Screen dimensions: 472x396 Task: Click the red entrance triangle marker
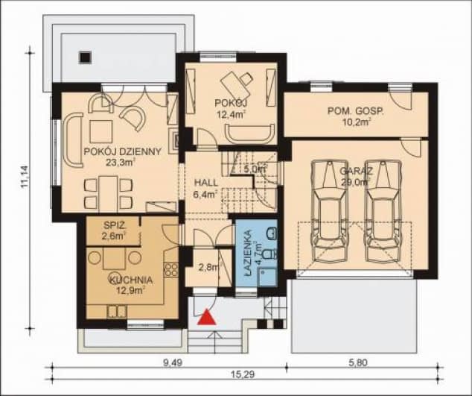[207, 317]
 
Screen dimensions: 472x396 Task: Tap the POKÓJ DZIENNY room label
[123, 151]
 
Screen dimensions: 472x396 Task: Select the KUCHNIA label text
[131, 280]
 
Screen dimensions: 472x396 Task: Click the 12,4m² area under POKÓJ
[230, 114]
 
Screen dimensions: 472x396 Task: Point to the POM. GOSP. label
[356, 112]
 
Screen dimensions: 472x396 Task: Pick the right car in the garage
[383, 211]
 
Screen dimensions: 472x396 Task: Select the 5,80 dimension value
[358, 362]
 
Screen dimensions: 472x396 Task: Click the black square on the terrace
[85, 57]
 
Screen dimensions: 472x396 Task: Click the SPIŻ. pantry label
[113, 225]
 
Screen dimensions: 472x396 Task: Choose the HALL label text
[206, 183]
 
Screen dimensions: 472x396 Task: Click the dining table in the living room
[108, 193]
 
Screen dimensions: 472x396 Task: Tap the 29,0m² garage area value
[356, 182]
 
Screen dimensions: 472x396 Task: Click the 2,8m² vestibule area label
[209, 267]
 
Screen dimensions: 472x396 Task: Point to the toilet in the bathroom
[269, 254]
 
